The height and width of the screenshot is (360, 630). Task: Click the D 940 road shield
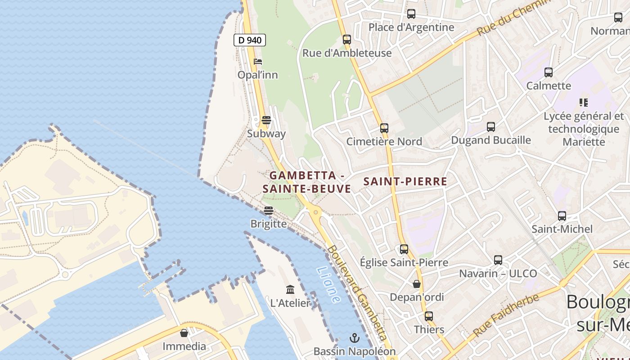[250, 40]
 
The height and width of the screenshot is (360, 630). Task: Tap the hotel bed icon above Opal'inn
[258, 62]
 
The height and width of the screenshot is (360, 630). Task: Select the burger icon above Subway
[266, 120]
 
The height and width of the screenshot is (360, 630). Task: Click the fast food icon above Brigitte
[269, 210]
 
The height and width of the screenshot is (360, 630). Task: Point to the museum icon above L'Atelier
[290, 289]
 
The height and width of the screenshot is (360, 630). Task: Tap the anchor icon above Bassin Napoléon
[355, 337]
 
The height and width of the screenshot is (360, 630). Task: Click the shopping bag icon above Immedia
[184, 333]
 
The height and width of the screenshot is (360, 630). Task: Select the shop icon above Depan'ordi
[417, 284]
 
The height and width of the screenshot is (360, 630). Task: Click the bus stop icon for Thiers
[429, 316]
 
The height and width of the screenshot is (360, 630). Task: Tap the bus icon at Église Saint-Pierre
[404, 249]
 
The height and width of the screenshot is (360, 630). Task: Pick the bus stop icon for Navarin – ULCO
[498, 260]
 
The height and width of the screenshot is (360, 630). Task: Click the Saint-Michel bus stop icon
[562, 216]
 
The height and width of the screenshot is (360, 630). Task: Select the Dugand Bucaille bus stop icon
[490, 126]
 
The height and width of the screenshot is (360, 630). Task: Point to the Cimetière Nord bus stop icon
[384, 128]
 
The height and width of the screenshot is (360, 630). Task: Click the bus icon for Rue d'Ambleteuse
[346, 39]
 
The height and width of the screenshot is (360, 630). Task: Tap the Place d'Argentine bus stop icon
[411, 13]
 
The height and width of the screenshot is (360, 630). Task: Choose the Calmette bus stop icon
[548, 72]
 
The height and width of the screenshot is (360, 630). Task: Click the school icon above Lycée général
[584, 102]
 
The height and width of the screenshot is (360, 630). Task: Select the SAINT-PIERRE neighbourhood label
[405, 182]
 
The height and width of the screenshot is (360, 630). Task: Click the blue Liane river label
[328, 285]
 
